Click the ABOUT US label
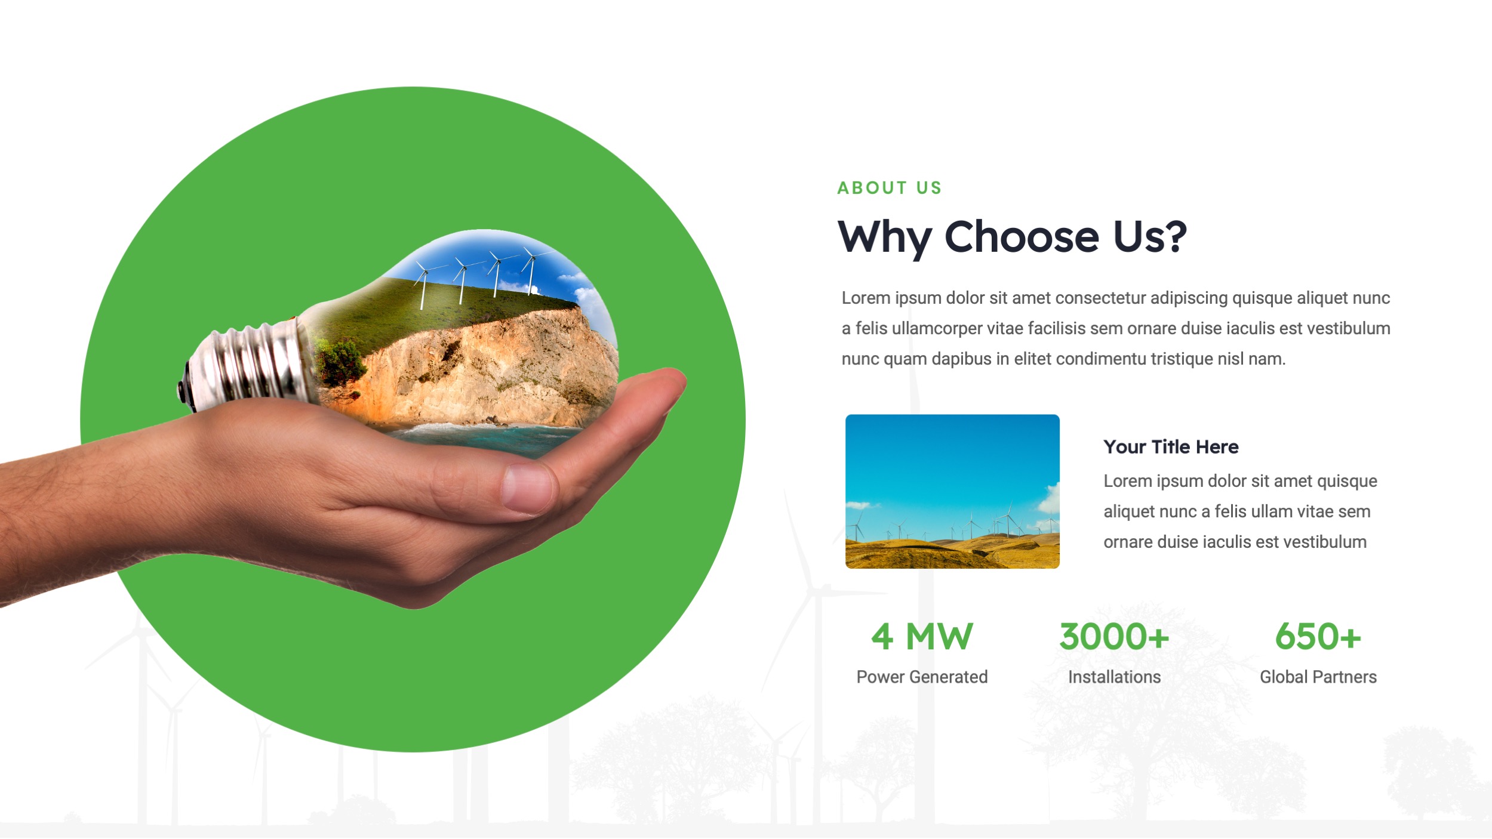(889, 188)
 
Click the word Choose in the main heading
(1022, 237)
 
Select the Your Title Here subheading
(1170, 447)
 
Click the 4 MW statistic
(922, 637)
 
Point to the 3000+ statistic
(1113, 637)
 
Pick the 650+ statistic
(1318, 637)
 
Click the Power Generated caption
(922, 677)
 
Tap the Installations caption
(1114, 677)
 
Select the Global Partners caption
(1318, 677)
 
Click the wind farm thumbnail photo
(952, 491)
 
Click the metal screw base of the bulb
(251, 364)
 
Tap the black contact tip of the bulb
(181, 391)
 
